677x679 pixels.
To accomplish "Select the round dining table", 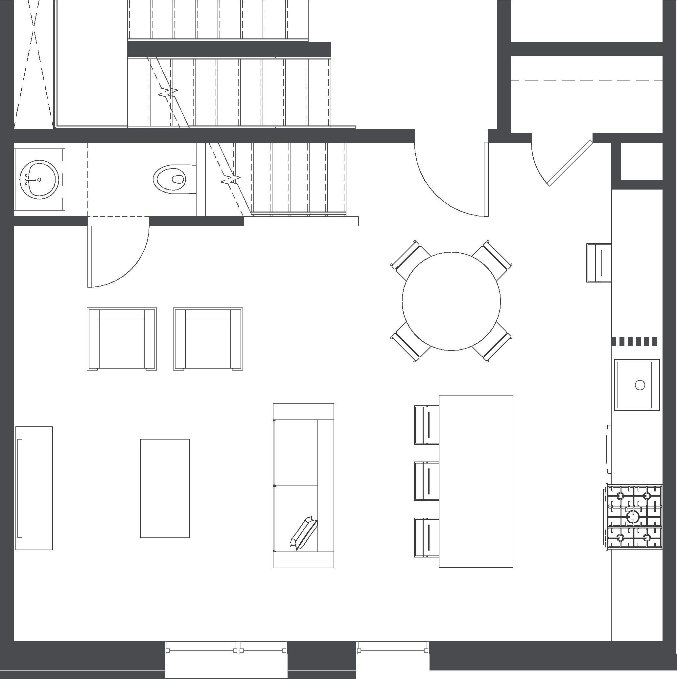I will [451, 301].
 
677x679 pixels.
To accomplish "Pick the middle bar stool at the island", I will [427, 481].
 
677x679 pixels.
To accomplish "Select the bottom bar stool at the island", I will [427, 538].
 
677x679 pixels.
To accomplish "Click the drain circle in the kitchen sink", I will [640, 385].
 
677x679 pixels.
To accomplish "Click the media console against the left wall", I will [34, 488].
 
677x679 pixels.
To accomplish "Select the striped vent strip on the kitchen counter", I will [637, 341].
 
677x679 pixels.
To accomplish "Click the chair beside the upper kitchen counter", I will [598, 262].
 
